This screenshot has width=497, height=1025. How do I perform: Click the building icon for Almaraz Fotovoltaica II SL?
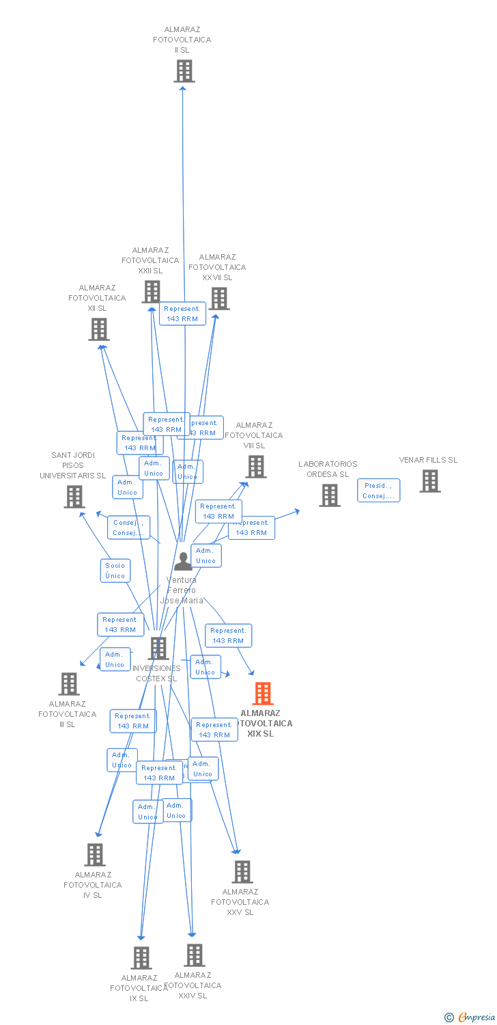click(x=184, y=71)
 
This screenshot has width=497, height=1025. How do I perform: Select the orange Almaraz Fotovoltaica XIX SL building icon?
click(x=263, y=694)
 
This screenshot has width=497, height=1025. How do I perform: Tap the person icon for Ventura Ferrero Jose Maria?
click(x=183, y=561)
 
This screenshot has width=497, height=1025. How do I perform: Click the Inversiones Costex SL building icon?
click(x=158, y=648)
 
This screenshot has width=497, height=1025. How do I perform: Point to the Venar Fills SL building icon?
click(x=429, y=481)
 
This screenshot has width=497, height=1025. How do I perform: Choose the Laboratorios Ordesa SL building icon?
click(x=330, y=495)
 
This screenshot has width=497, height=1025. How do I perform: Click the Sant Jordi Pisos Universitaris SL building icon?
click(x=74, y=497)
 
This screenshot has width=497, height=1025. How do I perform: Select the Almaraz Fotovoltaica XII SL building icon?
click(x=99, y=329)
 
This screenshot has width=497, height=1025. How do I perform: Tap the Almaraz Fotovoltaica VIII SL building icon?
click(x=256, y=467)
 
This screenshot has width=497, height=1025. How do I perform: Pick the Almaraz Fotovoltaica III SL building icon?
click(x=69, y=684)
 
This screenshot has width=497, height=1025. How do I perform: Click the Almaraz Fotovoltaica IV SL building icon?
click(x=95, y=855)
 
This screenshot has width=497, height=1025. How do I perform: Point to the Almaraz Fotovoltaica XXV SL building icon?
click(x=242, y=872)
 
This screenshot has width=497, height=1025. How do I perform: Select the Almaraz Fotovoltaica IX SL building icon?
click(x=141, y=958)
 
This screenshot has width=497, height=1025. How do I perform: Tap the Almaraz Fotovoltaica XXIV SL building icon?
click(x=195, y=955)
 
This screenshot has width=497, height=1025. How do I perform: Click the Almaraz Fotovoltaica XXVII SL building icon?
click(x=219, y=299)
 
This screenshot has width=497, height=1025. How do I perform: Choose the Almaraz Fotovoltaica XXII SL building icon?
click(x=151, y=292)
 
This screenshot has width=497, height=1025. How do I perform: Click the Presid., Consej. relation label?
click(x=378, y=491)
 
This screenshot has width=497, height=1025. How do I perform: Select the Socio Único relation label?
click(x=115, y=571)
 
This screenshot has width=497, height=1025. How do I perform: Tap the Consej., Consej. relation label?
click(x=128, y=528)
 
